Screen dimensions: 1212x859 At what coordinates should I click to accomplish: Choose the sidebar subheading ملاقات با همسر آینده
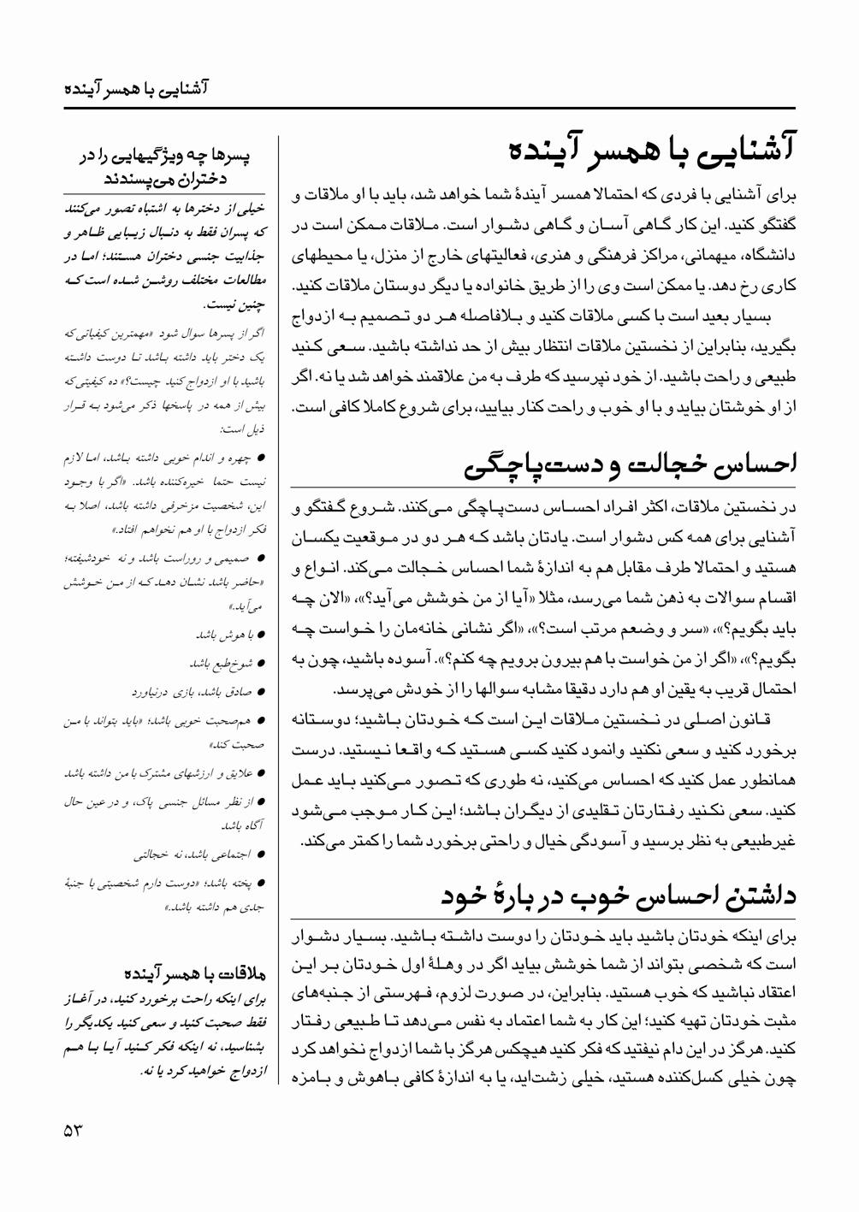tap(196, 974)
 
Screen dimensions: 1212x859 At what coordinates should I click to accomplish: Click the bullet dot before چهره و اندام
tap(261, 458)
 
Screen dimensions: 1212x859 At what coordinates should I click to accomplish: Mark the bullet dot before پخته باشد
tap(261, 882)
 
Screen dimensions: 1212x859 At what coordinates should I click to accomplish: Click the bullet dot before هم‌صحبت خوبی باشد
tap(261, 721)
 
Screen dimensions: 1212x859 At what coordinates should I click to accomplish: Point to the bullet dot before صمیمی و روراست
tap(261, 559)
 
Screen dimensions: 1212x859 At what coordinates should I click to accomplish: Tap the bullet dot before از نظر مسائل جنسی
tap(261, 801)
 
